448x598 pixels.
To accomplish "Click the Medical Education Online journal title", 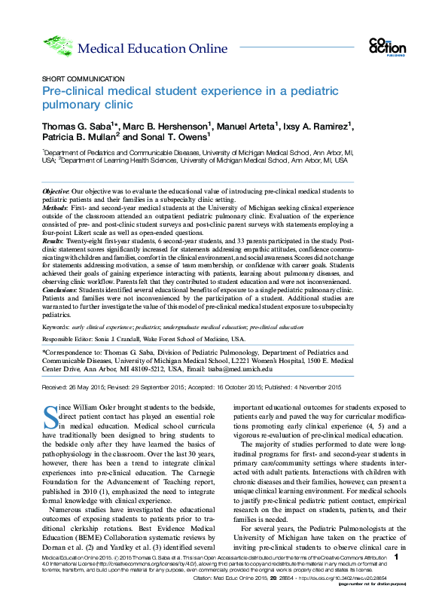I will click(152, 50).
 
